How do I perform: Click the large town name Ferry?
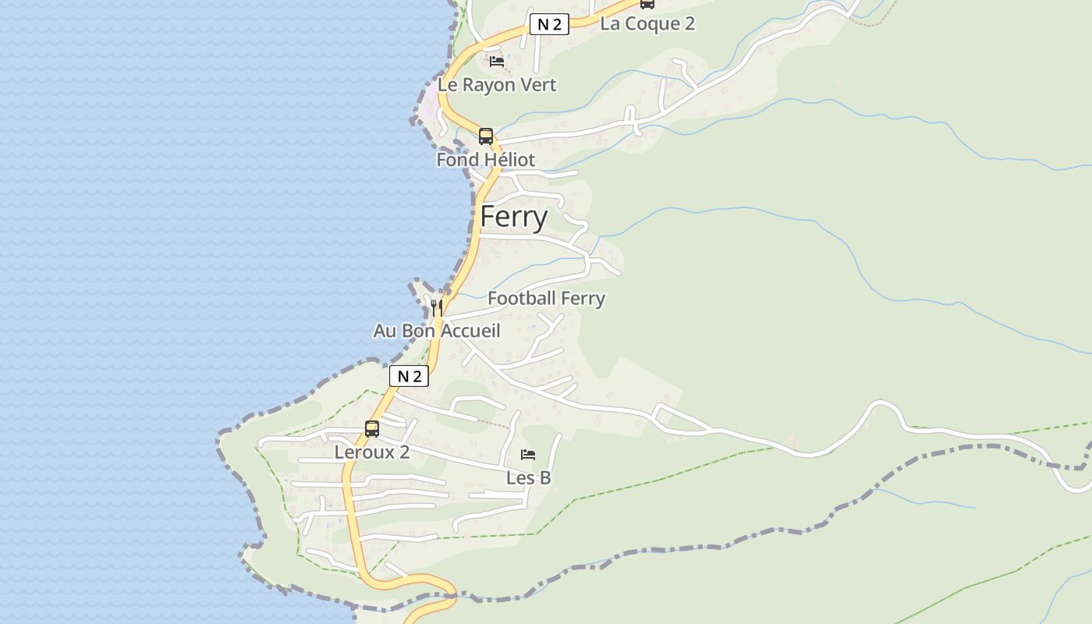click(x=513, y=217)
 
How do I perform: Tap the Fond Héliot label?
click(x=485, y=160)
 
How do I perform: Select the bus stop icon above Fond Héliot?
click(x=485, y=136)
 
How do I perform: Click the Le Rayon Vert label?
click(x=497, y=85)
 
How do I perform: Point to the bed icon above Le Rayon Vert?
click(x=497, y=61)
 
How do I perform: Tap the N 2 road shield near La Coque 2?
click(x=548, y=24)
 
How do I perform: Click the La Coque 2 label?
click(x=647, y=23)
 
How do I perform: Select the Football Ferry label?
click(x=546, y=298)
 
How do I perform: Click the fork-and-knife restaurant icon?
click(x=437, y=307)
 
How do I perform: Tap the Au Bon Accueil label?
click(x=436, y=331)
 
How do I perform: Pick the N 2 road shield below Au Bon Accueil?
click(x=409, y=377)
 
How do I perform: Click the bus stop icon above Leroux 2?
click(x=372, y=428)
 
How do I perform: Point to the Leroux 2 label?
click(x=371, y=452)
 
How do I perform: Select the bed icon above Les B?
click(x=528, y=455)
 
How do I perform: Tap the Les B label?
click(x=528, y=478)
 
